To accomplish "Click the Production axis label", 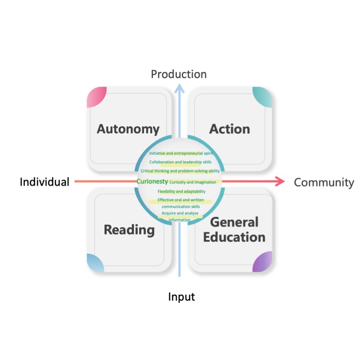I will pyautogui.click(x=179, y=74).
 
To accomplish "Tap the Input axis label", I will pyautogui.click(x=181, y=297).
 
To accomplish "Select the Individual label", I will pyautogui.click(x=45, y=182).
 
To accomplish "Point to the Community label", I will pyautogui.click(x=324, y=182).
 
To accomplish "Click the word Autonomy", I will pyautogui.click(x=128, y=130).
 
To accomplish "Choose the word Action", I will pyautogui.click(x=229, y=129).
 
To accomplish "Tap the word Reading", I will pyautogui.click(x=129, y=230).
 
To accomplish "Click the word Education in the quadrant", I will pyautogui.click(x=234, y=237).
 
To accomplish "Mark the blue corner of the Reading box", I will pyautogui.click(x=94, y=264).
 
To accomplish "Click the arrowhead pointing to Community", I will pyautogui.click(x=279, y=182).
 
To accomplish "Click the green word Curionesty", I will pyautogui.click(x=152, y=182).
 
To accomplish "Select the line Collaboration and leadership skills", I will pyautogui.click(x=180, y=162).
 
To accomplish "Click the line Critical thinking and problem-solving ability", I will pyautogui.click(x=180, y=171).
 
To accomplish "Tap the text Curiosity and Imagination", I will pyautogui.click(x=193, y=182).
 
